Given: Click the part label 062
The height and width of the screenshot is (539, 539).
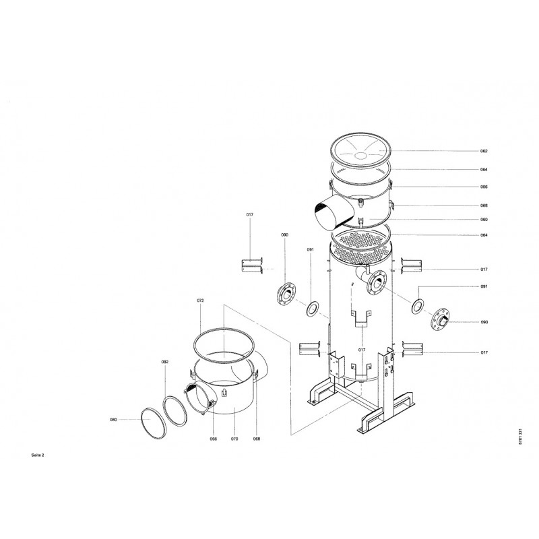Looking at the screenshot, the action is tap(484, 151).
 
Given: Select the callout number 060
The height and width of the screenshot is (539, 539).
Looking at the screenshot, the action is tap(484, 220).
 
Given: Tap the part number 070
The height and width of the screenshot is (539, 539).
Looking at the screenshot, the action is tap(234, 439).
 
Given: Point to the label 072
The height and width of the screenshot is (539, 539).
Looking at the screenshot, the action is tap(200, 300).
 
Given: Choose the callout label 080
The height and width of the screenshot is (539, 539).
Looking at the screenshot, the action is tap(113, 419).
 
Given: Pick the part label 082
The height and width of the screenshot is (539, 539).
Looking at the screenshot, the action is tap(165, 362).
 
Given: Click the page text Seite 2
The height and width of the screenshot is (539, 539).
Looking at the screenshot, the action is tap(38, 455).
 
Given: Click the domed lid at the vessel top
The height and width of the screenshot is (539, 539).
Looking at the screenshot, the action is tap(360, 151).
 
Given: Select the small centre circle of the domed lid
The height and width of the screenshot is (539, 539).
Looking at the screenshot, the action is tap(360, 156).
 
